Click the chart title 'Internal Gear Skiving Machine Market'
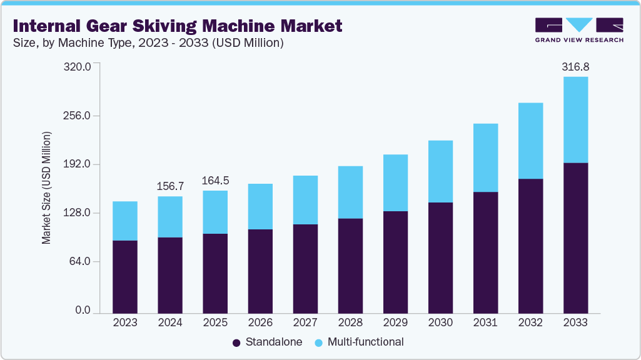click(x=178, y=26)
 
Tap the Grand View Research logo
click(x=579, y=30)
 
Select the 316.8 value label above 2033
click(x=575, y=66)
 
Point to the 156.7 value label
click(x=170, y=186)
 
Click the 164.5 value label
click(x=215, y=181)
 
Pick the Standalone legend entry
click(x=267, y=342)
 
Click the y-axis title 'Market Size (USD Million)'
click(x=46, y=188)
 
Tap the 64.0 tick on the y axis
click(x=81, y=261)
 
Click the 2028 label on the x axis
click(x=350, y=322)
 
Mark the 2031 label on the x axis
click(x=485, y=322)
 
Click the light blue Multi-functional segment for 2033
click(x=575, y=119)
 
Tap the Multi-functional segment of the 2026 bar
click(x=260, y=206)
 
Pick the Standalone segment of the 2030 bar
click(x=440, y=257)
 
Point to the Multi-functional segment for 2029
click(x=395, y=182)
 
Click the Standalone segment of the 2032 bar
click(x=530, y=245)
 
